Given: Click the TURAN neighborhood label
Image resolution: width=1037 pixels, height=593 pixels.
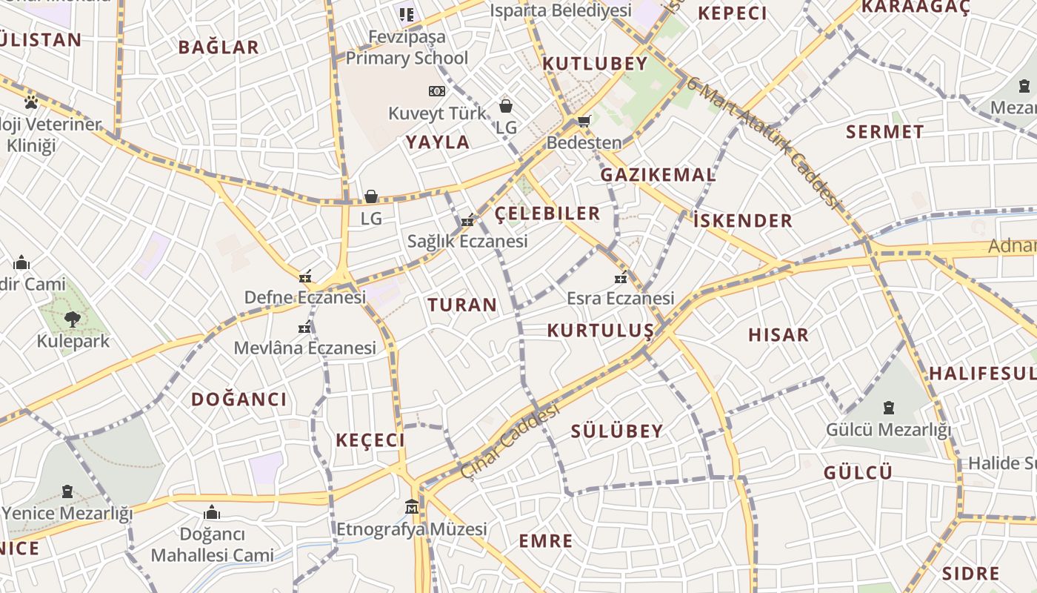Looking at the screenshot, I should (x=462, y=305).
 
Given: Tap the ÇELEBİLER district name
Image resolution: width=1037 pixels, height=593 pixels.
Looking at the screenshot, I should (x=547, y=213).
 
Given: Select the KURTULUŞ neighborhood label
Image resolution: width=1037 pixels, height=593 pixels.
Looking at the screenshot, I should (x=601, y=331).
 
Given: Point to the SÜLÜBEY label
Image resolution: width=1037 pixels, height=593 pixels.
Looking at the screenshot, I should (x=617, y=431).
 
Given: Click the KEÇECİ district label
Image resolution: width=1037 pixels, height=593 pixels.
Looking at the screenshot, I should (x=370, y=440).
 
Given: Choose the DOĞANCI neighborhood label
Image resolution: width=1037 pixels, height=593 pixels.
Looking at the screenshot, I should (x=239, y=400).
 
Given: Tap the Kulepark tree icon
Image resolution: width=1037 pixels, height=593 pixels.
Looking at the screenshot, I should (x=72, y=319).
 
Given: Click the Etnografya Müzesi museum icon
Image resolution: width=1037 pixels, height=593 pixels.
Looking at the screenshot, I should (x=412, y=507).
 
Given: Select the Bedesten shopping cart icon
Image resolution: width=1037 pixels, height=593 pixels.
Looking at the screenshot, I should (x=584, y=121).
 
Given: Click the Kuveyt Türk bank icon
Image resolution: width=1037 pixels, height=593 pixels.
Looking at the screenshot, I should (x=437, y=91).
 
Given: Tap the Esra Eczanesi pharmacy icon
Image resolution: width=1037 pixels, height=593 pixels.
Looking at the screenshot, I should (x=621, y=277).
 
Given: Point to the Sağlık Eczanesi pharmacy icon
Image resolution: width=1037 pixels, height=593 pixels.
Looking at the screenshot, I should (x=467, y=219).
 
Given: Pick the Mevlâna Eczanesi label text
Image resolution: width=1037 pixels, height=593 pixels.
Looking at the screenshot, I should (x=305, y=348).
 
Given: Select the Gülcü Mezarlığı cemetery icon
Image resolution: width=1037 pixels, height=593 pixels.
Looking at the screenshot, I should (x=888, y=408).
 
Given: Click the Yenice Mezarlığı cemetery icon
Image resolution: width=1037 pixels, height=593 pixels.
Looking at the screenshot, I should (x=67, y=491).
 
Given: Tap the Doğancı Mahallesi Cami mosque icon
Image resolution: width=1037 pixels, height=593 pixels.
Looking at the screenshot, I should (x=212, y=512).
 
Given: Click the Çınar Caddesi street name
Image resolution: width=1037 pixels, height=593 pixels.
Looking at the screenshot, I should (x=510, y=442).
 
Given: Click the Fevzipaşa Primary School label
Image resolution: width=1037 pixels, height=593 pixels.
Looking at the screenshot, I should (x=407, y=47).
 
